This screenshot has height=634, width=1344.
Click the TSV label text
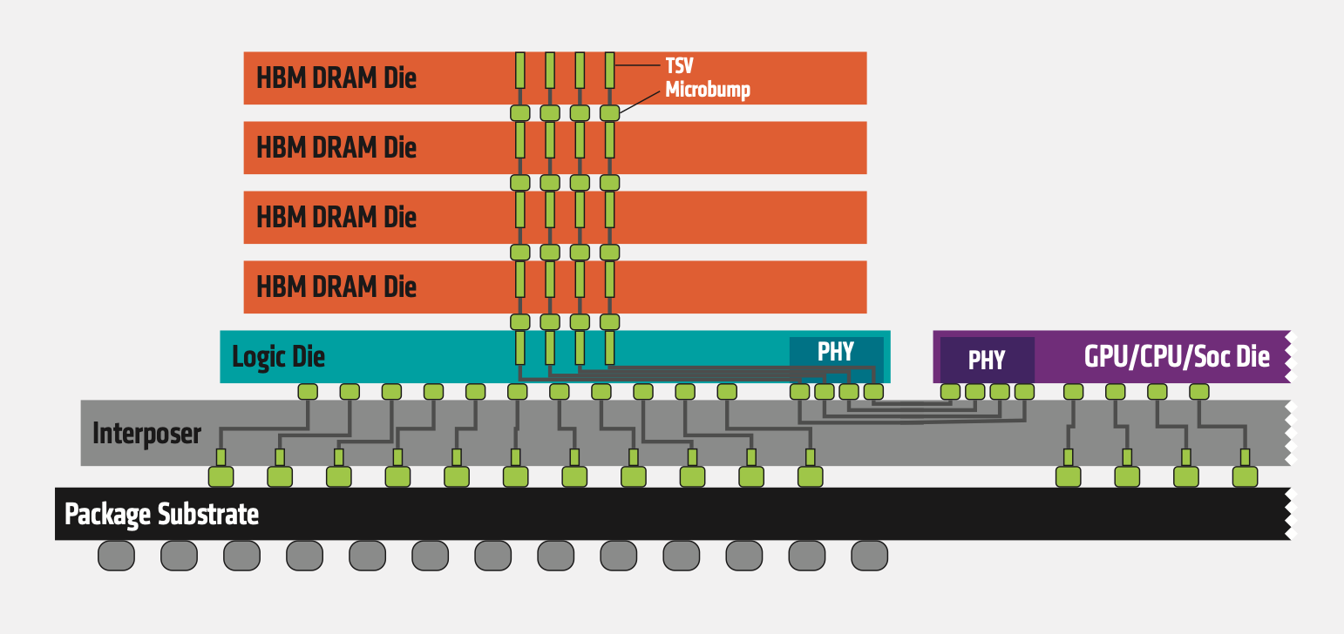click(x=679, y=66)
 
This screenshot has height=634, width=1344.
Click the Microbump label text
click(x=708, y=90)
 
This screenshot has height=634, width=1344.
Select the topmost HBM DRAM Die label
click(x=336, y=78)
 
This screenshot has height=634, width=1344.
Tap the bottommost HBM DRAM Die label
click(x=336, y=287)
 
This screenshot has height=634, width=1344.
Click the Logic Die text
click(x=278, y=356)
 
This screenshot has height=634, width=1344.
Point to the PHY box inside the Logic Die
click(x=836, y=352)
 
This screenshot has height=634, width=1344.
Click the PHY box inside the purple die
click(x=987, y=360)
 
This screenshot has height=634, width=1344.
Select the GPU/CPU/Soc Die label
click(x=1176, y=356)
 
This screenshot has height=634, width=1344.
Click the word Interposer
click(x=146, y=433)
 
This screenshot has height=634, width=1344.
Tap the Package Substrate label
click(x=162, y=514)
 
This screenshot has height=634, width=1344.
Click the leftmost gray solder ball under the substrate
click(x=116, y=556)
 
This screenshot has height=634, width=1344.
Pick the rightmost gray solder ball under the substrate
click(x=869, y=556)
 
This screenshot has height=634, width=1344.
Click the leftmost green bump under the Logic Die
click(x=307, y=392)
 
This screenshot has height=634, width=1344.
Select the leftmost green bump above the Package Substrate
click(x=221, y=476)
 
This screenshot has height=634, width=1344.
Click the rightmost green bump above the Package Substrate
click(x=1245, y=476)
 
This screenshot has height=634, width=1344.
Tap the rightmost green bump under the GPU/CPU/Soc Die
click(x=1199, y=392)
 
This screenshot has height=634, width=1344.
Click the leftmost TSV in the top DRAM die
click(x=520, y=70)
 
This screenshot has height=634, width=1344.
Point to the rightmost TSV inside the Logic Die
click(x=610, y=347)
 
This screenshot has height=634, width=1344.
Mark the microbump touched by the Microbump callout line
click(x=609, y=112)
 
